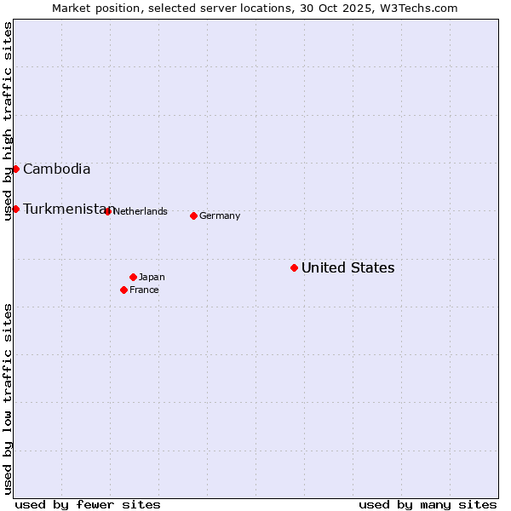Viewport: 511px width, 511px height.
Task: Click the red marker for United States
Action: tap(294, 267)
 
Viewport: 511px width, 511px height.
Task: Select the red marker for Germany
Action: tap(193, 215)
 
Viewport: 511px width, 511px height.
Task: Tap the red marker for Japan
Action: tap(133, 277)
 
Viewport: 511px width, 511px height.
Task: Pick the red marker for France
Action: tap(123, 290)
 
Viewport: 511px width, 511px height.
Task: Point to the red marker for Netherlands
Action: tap(107, 211)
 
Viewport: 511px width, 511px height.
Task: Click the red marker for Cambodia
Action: tap(15, 169)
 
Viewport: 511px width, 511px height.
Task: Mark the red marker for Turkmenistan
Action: tap(15, 209)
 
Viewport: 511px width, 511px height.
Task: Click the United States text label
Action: tap(347, 267)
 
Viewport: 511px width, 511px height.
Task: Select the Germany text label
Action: tap(220, 215)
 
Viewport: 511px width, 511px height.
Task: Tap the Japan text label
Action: tap(152, 277)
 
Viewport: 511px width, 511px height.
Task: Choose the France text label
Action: tap(144, 290)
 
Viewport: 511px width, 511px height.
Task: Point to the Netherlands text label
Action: tap(140, 211)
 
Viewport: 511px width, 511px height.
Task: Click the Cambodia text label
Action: tap(56, 169)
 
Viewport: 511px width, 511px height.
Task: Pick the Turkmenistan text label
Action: tap(65, 209)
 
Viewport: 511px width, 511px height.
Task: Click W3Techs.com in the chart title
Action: tap(416, 8)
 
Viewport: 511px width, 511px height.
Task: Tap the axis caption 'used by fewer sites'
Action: tap(88, 504)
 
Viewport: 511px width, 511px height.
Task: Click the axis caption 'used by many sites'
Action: tap(428, 504)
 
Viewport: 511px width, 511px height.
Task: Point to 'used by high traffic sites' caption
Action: tap(8, 121)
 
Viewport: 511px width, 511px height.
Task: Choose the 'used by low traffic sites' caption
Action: tap(8, 399)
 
